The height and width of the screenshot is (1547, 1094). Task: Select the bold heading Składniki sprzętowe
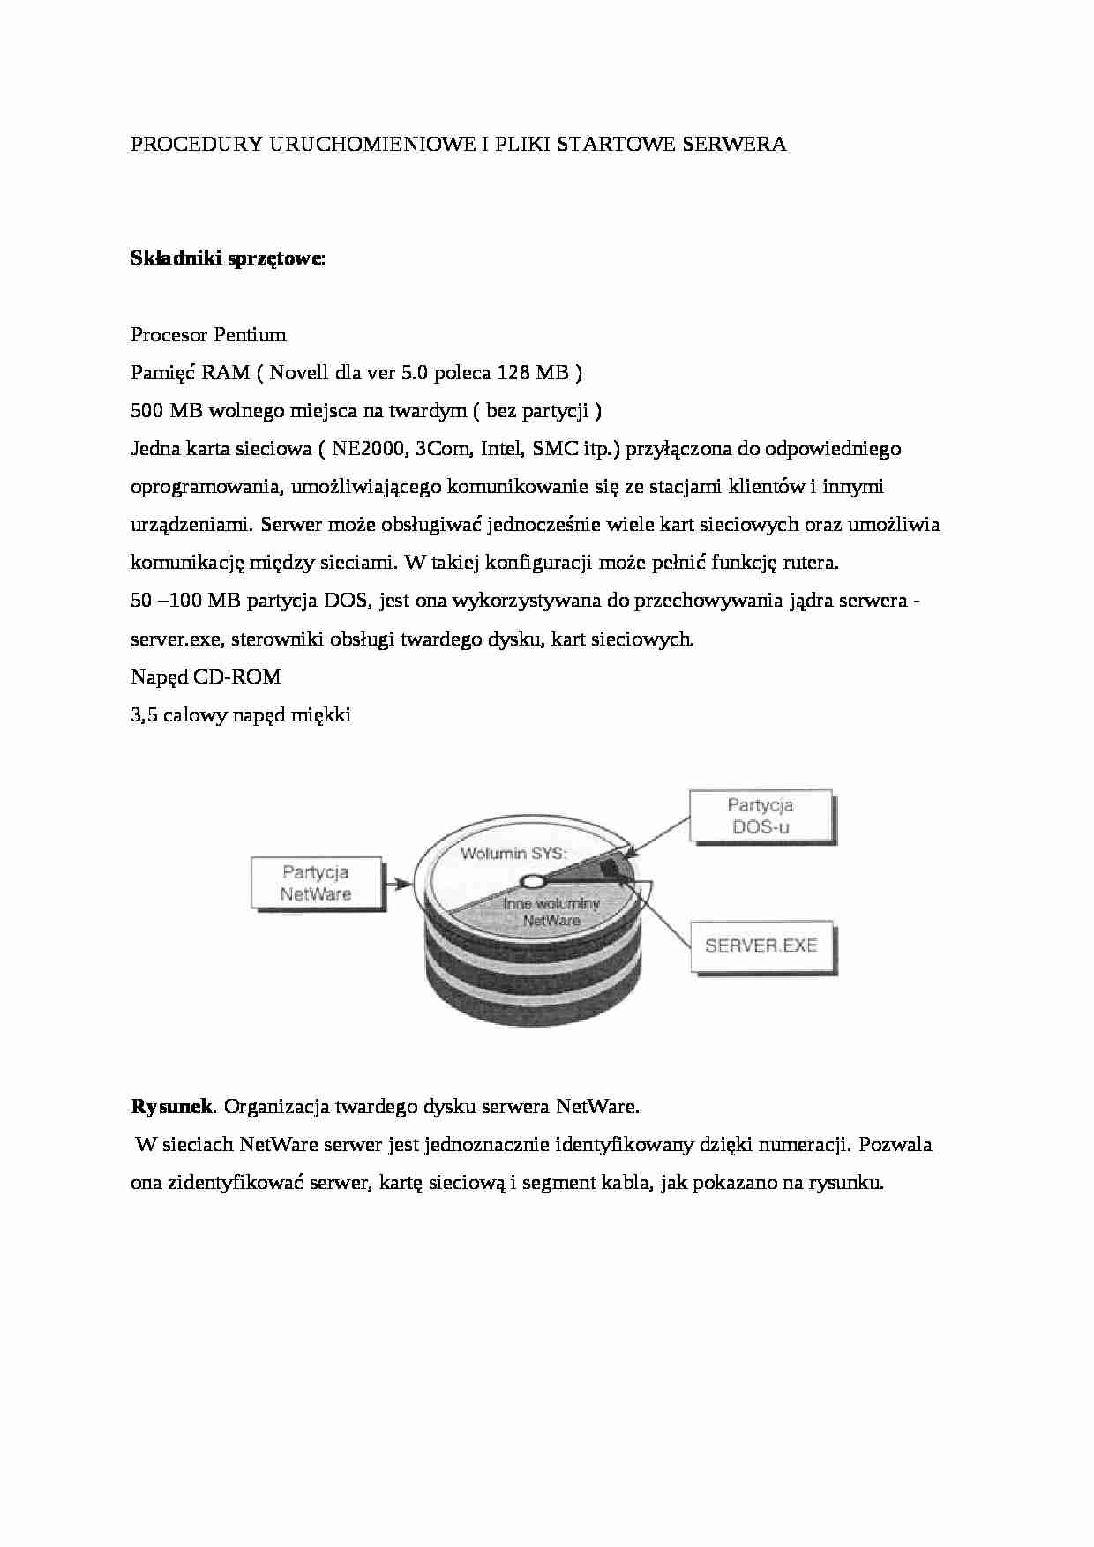[227, 258]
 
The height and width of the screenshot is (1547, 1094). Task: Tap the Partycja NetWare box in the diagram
[316, 883]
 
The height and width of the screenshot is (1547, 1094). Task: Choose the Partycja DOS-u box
[760, 817]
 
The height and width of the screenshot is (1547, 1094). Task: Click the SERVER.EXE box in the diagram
[761, 945]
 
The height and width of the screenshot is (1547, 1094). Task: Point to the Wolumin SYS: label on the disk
[513, 853]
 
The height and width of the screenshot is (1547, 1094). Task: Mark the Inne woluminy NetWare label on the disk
[551, 912]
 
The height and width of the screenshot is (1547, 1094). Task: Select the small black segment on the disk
[611, 870]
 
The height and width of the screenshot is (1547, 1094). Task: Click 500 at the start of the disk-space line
[146, 411]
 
